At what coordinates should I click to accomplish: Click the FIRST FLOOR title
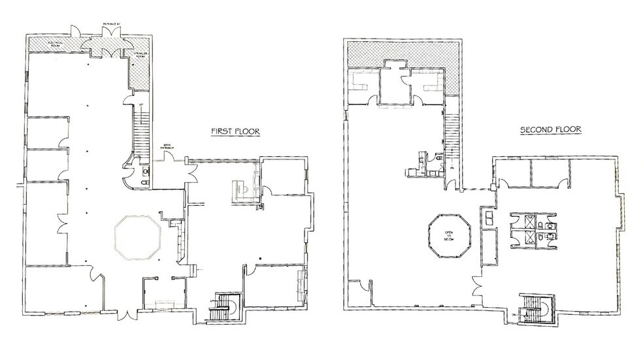click(235, 131)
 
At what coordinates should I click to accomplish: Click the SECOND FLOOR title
click(550, 130)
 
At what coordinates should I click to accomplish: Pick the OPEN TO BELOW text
click(450, 235)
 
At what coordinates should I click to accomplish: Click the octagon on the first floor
click(138, 238)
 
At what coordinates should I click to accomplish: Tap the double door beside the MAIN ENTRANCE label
click(191, 171)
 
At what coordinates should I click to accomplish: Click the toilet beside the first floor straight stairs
click(145, 172)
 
